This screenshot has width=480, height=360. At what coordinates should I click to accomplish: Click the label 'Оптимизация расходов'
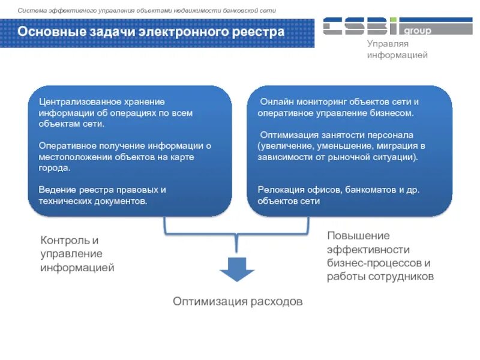[238, 301]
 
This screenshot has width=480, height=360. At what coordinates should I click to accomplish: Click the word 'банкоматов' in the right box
[368, 190]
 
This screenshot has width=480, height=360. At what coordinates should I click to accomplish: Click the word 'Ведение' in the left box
[55, 190]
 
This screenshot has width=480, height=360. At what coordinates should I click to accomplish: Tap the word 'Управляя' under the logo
[388, 44]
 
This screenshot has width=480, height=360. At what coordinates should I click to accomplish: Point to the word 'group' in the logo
[418, 31]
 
